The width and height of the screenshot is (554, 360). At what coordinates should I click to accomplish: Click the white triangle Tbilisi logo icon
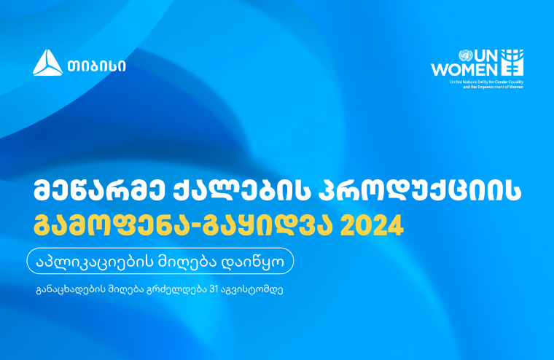[x=47, y=63]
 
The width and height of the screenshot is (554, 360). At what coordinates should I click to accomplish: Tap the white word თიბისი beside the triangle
[x=96, y=66]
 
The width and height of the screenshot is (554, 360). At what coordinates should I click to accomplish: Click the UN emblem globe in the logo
[x=465, y=55]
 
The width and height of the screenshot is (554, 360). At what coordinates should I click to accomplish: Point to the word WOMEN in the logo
[x=464, y=70]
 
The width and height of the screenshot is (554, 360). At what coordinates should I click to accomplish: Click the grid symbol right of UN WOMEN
[x=512, y=63]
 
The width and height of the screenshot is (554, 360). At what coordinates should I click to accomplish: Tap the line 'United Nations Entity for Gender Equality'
[x=486, y=82]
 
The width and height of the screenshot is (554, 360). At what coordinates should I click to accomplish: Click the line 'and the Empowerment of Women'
[x=493, y=87]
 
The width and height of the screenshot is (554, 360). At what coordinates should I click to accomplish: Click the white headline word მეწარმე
[x=99, y=191]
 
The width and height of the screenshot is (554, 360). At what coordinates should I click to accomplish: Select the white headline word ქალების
[x=243, y=191]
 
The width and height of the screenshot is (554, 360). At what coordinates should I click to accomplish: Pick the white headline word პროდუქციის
[x=421, y=191]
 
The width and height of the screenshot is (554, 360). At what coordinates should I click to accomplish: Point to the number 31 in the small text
[x=214, y=289]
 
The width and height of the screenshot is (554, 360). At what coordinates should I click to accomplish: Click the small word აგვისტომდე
[x=251, y=290]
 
